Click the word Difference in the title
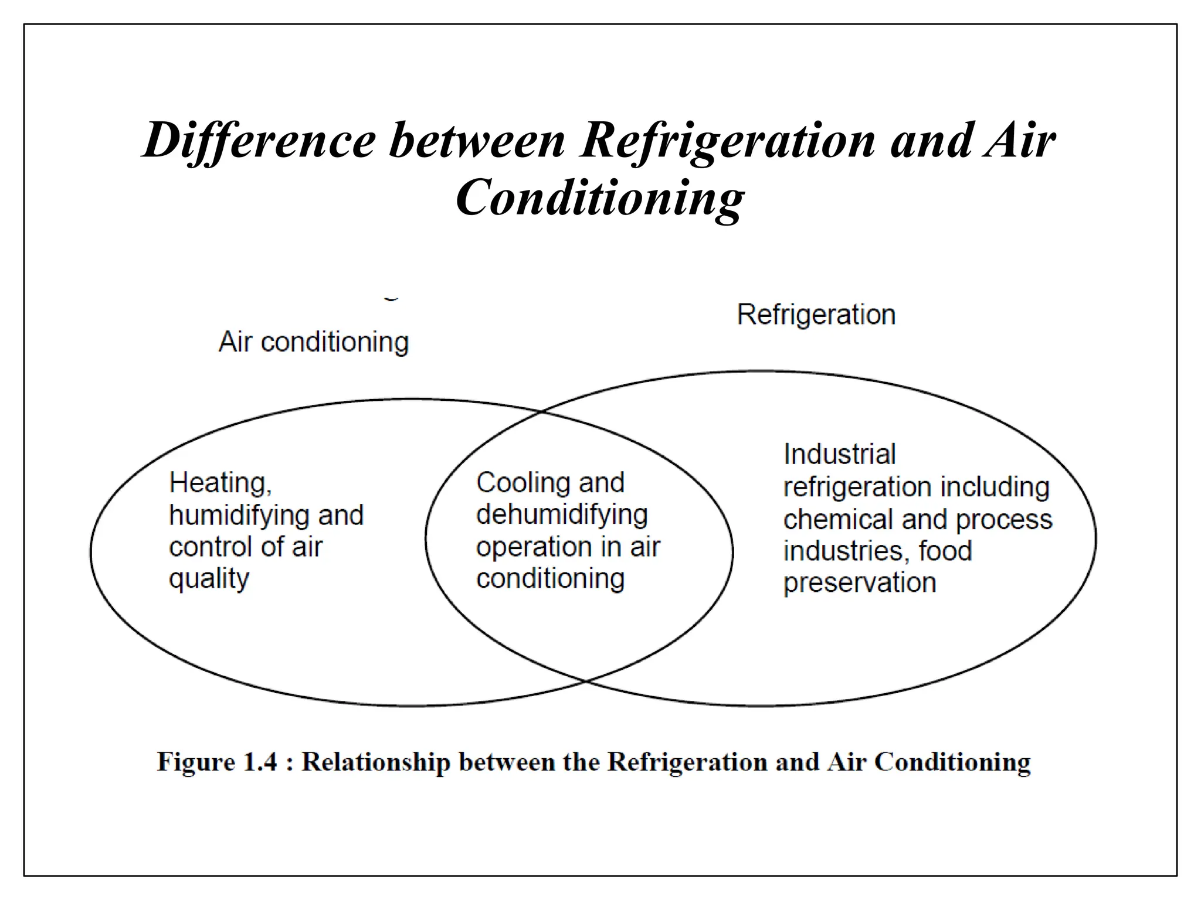pos(259,141)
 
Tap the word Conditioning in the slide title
pos(599,198)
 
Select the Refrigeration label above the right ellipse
pos(816,315)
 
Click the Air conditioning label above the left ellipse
pos(314,342)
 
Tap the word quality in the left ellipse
pos(209,579)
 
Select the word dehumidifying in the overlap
pos(562,515)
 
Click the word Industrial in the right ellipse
pos(839,454)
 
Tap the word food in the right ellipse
pos(945,551)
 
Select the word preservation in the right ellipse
pos(859,583)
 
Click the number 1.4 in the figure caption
pos(259,762)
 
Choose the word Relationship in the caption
pos(375,762)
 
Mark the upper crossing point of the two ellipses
pos(541,412)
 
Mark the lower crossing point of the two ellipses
pos(585,681)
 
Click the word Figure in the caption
pos(195,762)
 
